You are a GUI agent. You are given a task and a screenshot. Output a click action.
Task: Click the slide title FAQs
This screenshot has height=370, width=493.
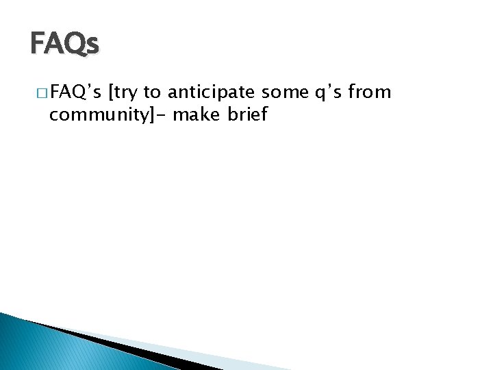pos(65,44)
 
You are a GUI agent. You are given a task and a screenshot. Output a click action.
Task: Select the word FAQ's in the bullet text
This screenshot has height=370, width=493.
pos(76,92)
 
